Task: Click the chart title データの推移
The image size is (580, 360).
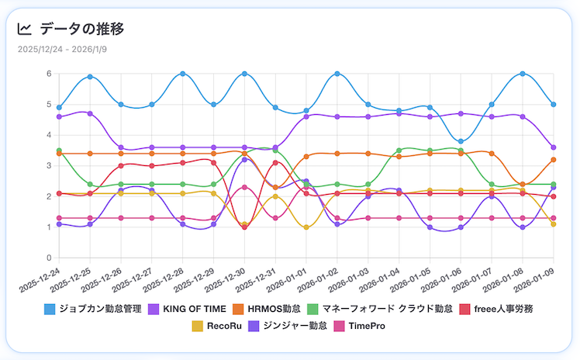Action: click(81, 29)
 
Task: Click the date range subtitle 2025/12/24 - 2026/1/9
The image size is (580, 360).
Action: click(61, 50)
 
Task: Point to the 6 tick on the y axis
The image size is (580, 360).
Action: click(48, 74)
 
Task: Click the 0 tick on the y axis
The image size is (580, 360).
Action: click(48, 258)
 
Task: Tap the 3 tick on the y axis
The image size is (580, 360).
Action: click(48, 166)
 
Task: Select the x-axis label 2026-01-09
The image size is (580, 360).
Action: click(535, 276)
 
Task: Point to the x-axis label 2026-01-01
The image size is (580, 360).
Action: click(288, 276)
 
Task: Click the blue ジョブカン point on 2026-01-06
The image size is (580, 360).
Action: click(461, 141)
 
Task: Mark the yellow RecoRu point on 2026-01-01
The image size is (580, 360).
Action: click(306, 227)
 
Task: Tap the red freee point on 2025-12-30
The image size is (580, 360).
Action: click(244, 227)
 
